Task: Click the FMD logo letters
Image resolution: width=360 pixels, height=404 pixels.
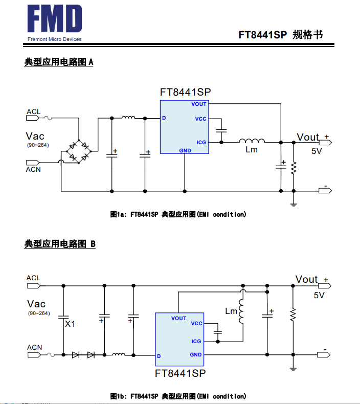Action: coord(54,20)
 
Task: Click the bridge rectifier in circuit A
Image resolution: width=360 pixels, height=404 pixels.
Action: coord(79,150)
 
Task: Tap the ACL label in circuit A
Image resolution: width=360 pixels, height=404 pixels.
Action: coord(34,111)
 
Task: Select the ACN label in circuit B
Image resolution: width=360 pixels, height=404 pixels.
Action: coord(34,347)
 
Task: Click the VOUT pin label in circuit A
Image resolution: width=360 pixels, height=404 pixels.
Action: coord(199,104)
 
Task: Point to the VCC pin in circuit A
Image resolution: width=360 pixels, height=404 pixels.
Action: coord(200,119)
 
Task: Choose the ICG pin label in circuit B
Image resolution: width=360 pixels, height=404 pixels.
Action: coord(196,341)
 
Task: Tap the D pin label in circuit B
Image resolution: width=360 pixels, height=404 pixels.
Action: coord(159,356)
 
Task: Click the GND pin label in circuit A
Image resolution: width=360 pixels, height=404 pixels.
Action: coord(185,151)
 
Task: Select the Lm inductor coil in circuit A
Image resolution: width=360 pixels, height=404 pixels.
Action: coord(252,141)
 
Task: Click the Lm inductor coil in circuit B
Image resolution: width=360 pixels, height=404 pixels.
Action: coord(242,310)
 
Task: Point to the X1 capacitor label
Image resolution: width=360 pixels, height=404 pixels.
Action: coord(70,324)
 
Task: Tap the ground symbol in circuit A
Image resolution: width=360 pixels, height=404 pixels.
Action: coord(294,204)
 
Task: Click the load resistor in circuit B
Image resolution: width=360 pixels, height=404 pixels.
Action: coord(293,315)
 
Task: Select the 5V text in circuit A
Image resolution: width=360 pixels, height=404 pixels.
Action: coord(317,151)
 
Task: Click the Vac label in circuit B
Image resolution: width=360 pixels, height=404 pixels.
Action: coord(36,304)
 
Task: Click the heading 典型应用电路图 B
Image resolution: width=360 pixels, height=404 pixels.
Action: coord(60,244)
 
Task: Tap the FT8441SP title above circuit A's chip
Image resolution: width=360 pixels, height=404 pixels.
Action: coord(185,92)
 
